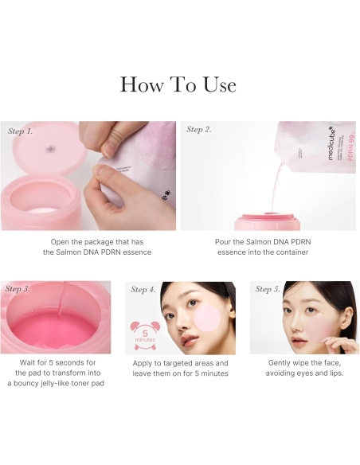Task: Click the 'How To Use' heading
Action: coord(178,84)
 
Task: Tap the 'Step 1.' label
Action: coord(21,131)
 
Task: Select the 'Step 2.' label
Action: coord(199,129)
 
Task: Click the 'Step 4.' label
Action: coord(144,289)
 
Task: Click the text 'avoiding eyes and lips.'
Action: coord(305,373)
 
